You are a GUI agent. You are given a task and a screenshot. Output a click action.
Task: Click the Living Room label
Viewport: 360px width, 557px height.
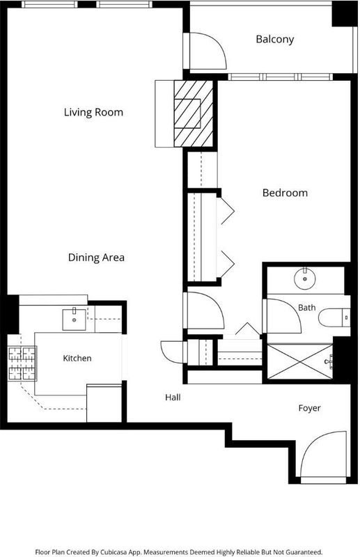coord(93,112)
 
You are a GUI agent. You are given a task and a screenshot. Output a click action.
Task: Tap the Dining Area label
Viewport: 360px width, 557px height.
coord(96,257)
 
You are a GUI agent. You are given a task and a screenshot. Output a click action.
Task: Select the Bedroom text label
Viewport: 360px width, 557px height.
coord(285,193)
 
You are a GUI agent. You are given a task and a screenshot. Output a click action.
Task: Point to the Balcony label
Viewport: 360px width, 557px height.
coord(275,39)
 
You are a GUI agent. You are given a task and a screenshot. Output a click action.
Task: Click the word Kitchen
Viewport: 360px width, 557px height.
coord(77,358)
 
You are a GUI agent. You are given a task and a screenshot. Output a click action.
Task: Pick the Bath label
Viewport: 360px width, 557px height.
coord(306,307)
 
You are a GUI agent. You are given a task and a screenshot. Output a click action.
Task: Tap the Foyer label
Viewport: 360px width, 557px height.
coord(310,408)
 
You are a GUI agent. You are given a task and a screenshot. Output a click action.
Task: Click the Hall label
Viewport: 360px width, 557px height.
coord(173,397)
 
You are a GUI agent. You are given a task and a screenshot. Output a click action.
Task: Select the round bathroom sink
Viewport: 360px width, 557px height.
coord(305,278)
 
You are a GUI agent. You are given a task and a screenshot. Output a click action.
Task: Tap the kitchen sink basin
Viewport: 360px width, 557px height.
coord(74,320)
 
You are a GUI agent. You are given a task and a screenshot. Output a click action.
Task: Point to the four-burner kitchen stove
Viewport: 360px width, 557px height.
coord(22,363)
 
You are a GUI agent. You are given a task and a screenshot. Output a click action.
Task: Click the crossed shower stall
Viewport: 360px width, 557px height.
coord(300,361)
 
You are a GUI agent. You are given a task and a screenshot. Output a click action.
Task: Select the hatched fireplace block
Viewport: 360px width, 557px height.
coord(194,113)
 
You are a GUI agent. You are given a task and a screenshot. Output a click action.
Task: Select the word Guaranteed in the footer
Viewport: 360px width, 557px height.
coord(303,552)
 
